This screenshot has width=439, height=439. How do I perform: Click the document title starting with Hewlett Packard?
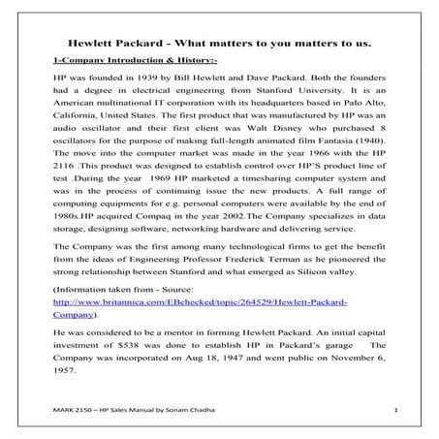220,45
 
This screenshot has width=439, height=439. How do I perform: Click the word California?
78,116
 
